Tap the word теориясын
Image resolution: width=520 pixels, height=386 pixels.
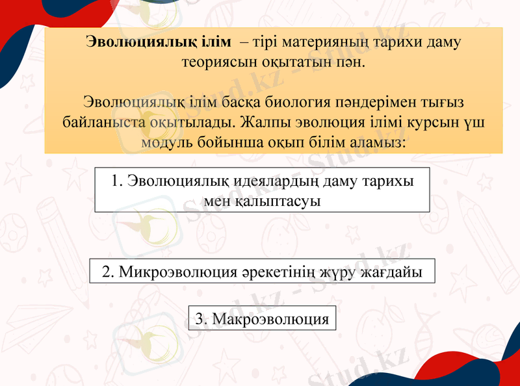[216, 63]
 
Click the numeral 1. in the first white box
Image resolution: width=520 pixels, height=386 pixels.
[117, 180]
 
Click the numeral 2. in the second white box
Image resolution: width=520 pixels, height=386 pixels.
[109, 272]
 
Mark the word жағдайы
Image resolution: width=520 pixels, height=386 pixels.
[392, 272]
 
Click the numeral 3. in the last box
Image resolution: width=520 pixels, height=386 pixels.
[201, 319]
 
